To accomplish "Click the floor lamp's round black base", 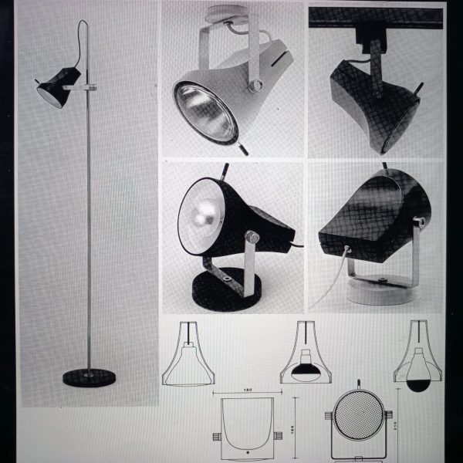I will click(x=89, y=377).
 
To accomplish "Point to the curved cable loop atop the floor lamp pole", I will click(x=82, y=35).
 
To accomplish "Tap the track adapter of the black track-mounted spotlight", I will click(x=373, y=33).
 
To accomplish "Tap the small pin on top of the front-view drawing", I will click(x=358, y=382).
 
